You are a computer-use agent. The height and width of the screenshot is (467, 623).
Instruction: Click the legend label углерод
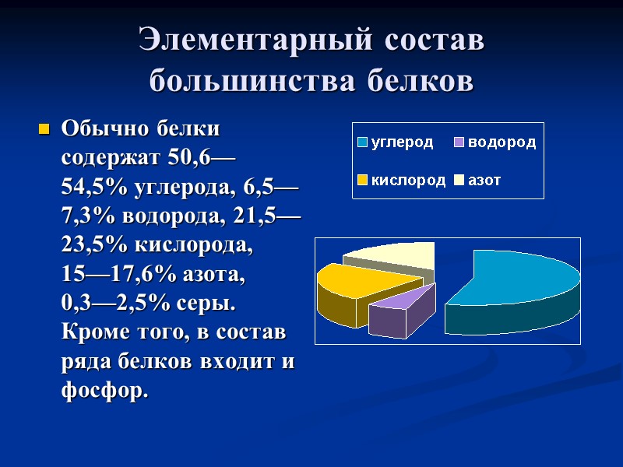coord(402,143)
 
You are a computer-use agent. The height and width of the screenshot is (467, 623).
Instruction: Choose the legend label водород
coord(502,143)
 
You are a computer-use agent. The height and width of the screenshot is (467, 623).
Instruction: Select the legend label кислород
coord(408,181)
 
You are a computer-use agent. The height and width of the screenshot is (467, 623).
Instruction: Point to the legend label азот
coord(484,181)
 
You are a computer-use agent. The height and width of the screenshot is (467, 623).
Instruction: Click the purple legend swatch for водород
coord(460,143)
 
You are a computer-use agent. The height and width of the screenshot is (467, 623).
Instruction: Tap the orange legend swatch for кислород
coord(362,181)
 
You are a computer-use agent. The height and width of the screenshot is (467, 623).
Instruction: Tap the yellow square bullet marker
coord(44,128)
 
